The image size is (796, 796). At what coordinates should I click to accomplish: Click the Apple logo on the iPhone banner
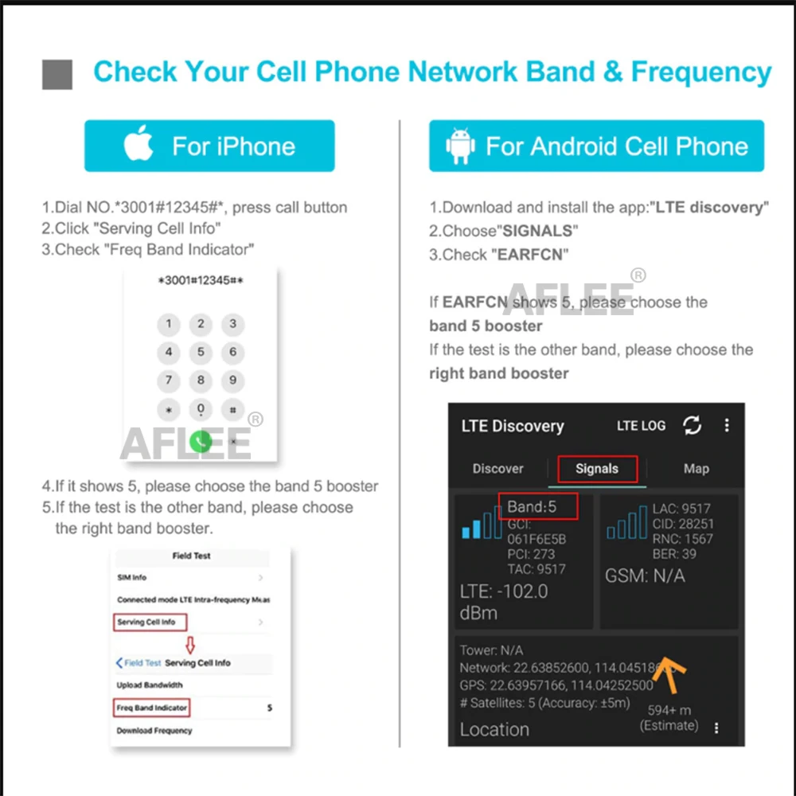139,145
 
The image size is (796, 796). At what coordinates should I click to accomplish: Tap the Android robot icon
460,146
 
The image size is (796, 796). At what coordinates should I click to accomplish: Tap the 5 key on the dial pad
201,352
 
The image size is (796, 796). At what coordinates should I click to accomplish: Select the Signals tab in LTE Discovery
596,469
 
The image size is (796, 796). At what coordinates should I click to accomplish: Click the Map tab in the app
696,469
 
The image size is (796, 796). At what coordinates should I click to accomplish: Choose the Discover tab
497,469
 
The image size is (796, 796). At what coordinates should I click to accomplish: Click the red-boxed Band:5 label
537,506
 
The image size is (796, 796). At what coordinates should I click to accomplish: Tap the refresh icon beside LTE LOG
693,426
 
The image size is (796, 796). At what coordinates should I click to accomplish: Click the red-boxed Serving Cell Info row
150,622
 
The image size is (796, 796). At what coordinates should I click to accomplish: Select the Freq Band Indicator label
151,707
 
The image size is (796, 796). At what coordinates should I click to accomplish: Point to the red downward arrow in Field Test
189,643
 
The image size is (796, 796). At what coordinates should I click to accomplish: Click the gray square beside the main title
57,74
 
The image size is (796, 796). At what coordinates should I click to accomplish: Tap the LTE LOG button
641,426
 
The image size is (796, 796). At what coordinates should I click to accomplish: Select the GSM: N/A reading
645,576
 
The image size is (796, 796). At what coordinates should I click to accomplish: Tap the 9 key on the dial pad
232,380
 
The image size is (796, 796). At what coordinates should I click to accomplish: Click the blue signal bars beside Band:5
482,525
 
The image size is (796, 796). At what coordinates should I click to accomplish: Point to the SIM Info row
132,577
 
